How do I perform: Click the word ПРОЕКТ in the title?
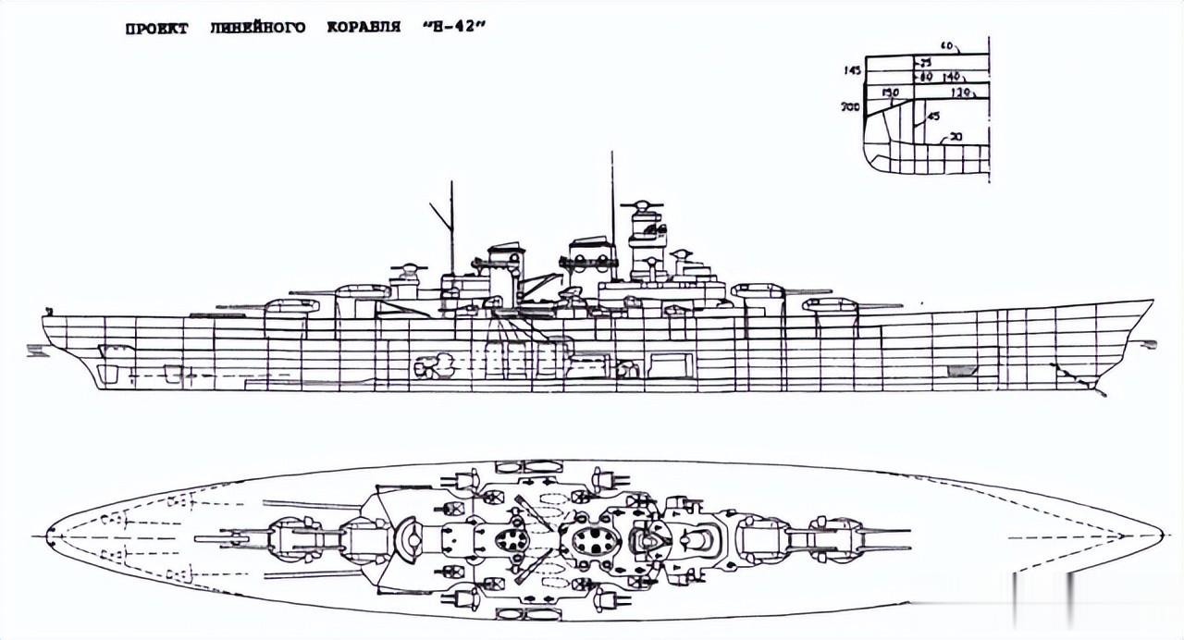pos(156,29)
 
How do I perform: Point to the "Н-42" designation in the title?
pos(453,28)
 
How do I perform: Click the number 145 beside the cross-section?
pos(852,70)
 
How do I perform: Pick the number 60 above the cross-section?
pos(947,46)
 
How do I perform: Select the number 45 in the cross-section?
pos(932,116)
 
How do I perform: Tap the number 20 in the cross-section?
pos(955,137)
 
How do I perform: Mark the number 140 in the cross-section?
pos(954,78)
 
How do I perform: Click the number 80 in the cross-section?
pos(926,78)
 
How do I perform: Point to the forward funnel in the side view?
pos(590,259)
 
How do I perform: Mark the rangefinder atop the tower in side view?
pos(645,205)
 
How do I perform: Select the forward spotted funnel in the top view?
pos(592,541)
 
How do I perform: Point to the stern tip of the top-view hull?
pos(48,535)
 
